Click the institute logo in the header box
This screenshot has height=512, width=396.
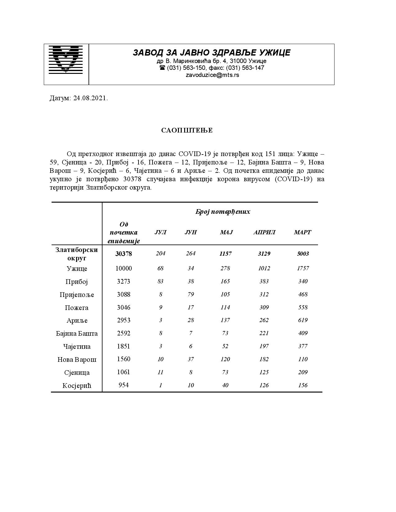coord(66,60)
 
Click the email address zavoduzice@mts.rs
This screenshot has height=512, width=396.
coord(212,75)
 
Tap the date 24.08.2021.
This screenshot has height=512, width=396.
coord(90,98)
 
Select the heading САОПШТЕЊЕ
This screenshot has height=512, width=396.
coord(187,130)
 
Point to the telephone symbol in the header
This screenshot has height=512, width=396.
coord(162,68)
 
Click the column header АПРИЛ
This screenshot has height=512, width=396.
coord(264,232)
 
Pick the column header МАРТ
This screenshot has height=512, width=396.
coord(303,232)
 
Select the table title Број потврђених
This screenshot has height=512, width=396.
coord(223,212)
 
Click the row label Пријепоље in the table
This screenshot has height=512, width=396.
coord(77,295)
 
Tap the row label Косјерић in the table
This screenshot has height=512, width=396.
coord(77,386)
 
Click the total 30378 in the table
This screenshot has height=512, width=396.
coord(124,254)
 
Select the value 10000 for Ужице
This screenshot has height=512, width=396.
coord(124,268)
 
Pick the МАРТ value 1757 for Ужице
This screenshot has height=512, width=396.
coord(303,268)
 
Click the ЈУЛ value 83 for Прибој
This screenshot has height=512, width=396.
coord(161,281)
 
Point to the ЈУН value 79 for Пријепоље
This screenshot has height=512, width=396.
coord(191,294)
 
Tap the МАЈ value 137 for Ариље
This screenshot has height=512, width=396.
coord(225,320)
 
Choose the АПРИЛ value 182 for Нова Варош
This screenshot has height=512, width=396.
coord(264,359)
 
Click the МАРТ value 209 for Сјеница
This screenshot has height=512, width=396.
coord(303,372)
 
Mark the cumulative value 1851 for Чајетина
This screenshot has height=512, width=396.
coord(124,346)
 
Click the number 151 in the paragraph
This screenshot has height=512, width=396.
coord(270,154)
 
